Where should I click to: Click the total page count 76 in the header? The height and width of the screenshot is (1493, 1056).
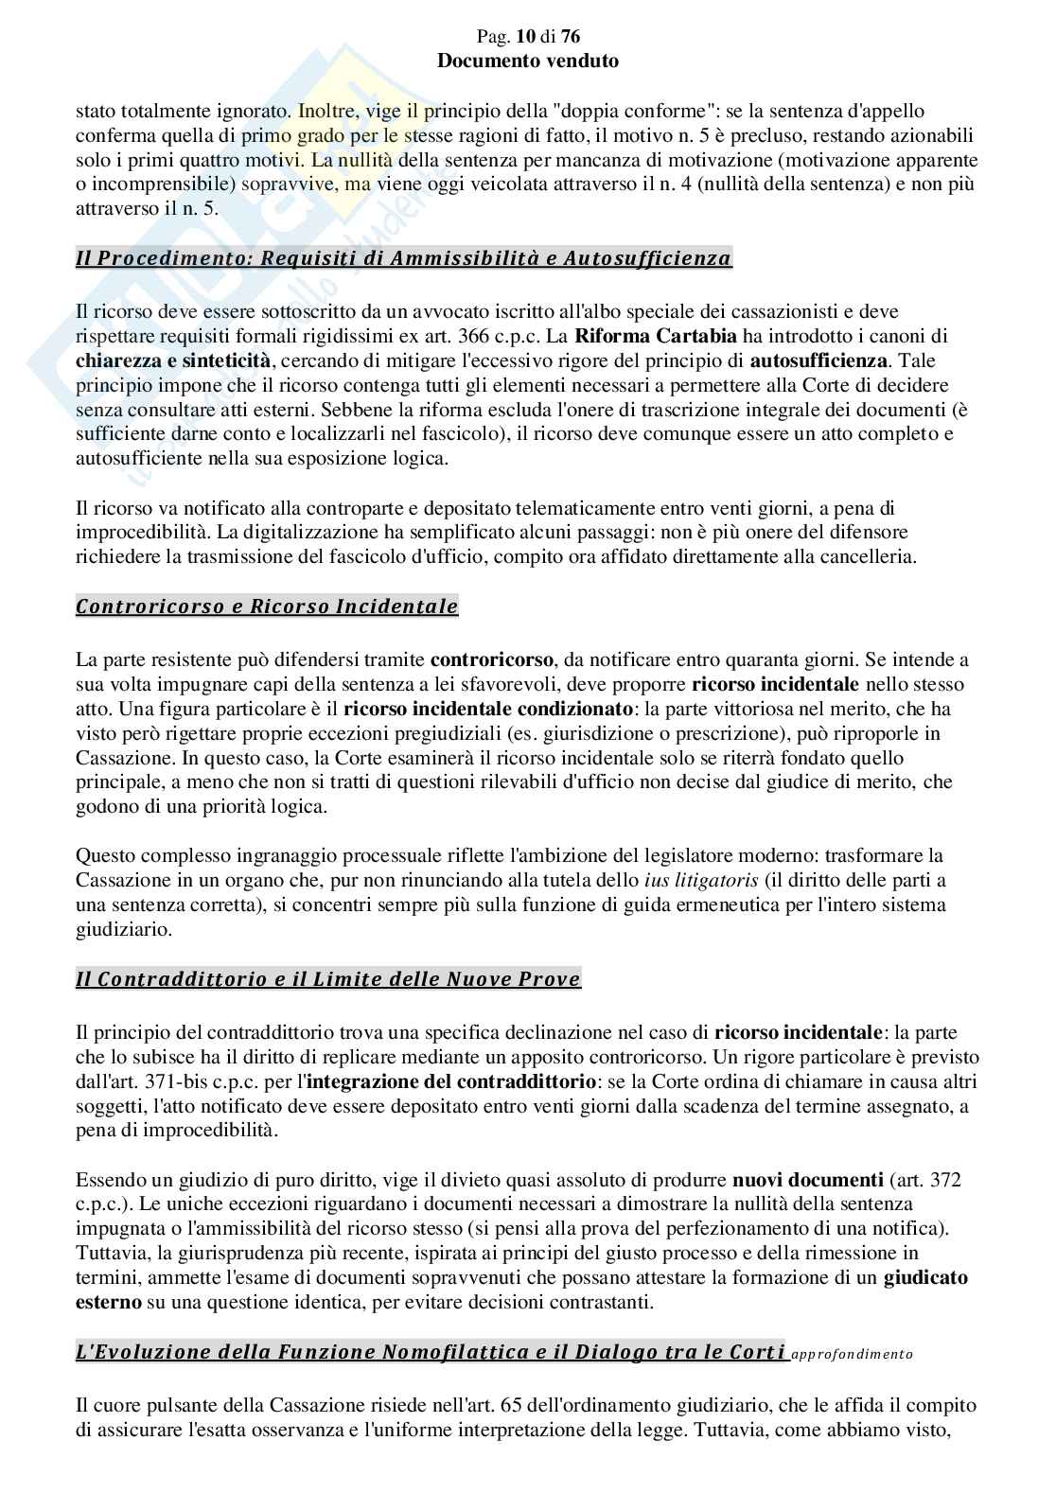(x=570, y=37)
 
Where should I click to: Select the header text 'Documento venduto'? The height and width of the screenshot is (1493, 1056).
(x=528, y=61)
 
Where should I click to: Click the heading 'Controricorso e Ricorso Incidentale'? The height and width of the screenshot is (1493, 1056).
(x=267, y=606)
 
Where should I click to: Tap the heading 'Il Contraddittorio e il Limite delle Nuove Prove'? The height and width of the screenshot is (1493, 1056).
(x=327, y=979)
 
